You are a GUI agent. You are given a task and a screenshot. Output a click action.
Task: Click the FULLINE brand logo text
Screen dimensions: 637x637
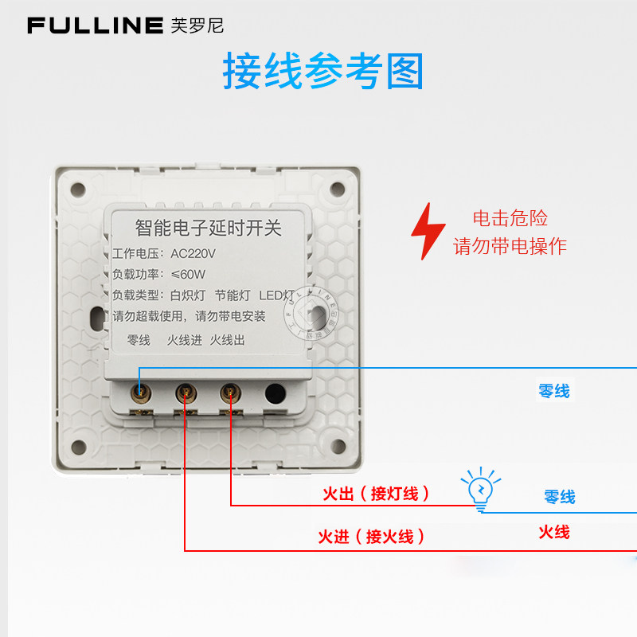(x=95, y=25)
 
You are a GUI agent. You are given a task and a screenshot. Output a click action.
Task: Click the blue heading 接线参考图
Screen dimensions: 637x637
(x=322, y=72)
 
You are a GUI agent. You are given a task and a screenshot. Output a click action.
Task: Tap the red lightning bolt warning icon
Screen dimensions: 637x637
(x=428, y=231)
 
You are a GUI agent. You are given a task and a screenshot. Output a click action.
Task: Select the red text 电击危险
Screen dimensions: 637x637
(x=510, y=218)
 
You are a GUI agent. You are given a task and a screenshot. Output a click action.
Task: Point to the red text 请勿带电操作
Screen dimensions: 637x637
(x=510, y=245)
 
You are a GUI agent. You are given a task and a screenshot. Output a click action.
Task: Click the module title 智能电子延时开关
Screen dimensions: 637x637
(x=209, y=229)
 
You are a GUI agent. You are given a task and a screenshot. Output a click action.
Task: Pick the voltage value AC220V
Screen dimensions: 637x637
(x=194, y=254)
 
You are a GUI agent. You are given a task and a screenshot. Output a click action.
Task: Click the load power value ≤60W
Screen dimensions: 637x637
(x=188, y=275)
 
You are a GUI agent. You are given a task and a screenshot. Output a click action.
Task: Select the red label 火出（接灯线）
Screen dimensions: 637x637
(x=376, y=494)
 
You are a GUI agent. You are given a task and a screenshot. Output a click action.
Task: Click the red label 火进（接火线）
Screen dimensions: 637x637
(x=371, y=537)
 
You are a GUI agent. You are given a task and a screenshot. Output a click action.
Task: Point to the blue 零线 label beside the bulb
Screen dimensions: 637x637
(x=559, y=497)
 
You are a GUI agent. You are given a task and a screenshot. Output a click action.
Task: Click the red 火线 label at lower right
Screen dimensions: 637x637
(x=554, y=532)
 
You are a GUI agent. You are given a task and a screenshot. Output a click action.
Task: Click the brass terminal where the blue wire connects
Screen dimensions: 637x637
(x=140, y=392)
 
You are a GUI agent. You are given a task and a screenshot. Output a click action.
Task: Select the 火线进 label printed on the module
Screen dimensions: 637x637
(x=185, y=340)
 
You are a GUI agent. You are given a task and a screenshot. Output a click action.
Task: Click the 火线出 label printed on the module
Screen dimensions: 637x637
(x=228, y=340)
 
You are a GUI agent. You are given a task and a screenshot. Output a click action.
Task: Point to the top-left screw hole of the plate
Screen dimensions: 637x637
(x=77, y=190)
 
